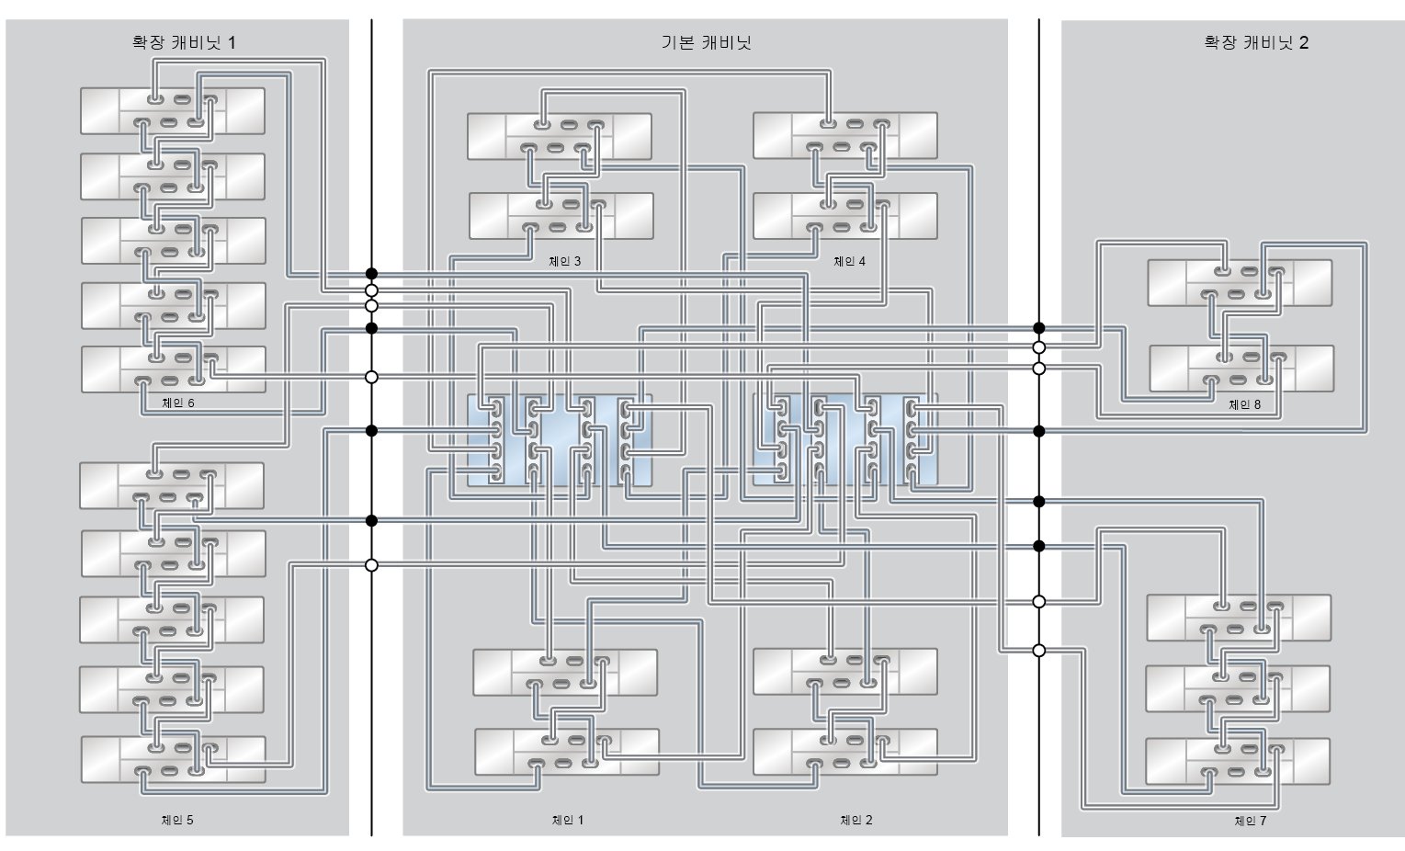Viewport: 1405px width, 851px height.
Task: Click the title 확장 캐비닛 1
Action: pos(184,42)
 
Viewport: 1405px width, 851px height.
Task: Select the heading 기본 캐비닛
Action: pos(706,42)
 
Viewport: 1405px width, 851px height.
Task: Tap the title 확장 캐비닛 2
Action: pos(1256,42)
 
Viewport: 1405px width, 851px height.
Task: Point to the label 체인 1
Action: pos(567,820)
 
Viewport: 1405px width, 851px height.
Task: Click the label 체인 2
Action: pos(855,820)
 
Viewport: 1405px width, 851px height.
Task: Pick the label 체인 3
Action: pos(564,261)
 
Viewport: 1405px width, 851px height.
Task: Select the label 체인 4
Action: pos(849,261)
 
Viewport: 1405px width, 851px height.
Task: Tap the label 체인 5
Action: pos(177,820)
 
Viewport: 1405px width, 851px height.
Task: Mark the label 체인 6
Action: pos(177,403)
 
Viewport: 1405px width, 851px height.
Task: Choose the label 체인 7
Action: pos(1250,821)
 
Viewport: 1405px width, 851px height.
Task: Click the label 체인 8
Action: pos(1244,404)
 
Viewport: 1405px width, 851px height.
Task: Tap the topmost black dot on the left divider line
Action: pos(371,273)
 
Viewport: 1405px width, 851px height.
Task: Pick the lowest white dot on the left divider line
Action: pos(371,565)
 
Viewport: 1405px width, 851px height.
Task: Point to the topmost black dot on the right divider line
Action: pos(1038,328)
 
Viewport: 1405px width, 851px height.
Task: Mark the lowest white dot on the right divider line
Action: pos(1038,651)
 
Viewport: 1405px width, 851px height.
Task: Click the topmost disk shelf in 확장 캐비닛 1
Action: pos(173,111)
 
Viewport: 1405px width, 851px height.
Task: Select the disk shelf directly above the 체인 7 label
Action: pos(1239,762)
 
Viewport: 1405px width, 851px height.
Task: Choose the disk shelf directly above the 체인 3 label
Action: pos(561,216)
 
